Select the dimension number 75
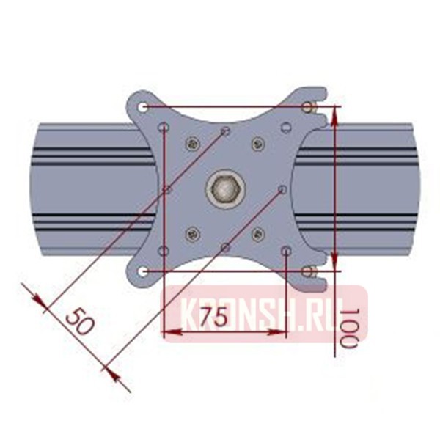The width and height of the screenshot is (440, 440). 213,317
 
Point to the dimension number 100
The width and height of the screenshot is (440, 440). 351,327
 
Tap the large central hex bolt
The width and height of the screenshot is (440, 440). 224,190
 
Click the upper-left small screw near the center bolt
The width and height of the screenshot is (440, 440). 193,144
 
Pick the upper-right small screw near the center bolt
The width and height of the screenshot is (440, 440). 257,144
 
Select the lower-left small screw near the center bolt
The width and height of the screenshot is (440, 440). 193,235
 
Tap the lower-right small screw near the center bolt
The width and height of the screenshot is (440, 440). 257,235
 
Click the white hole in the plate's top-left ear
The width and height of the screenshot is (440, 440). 143,107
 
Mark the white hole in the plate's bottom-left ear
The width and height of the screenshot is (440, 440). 143,272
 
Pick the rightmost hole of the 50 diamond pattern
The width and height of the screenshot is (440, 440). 282,190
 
